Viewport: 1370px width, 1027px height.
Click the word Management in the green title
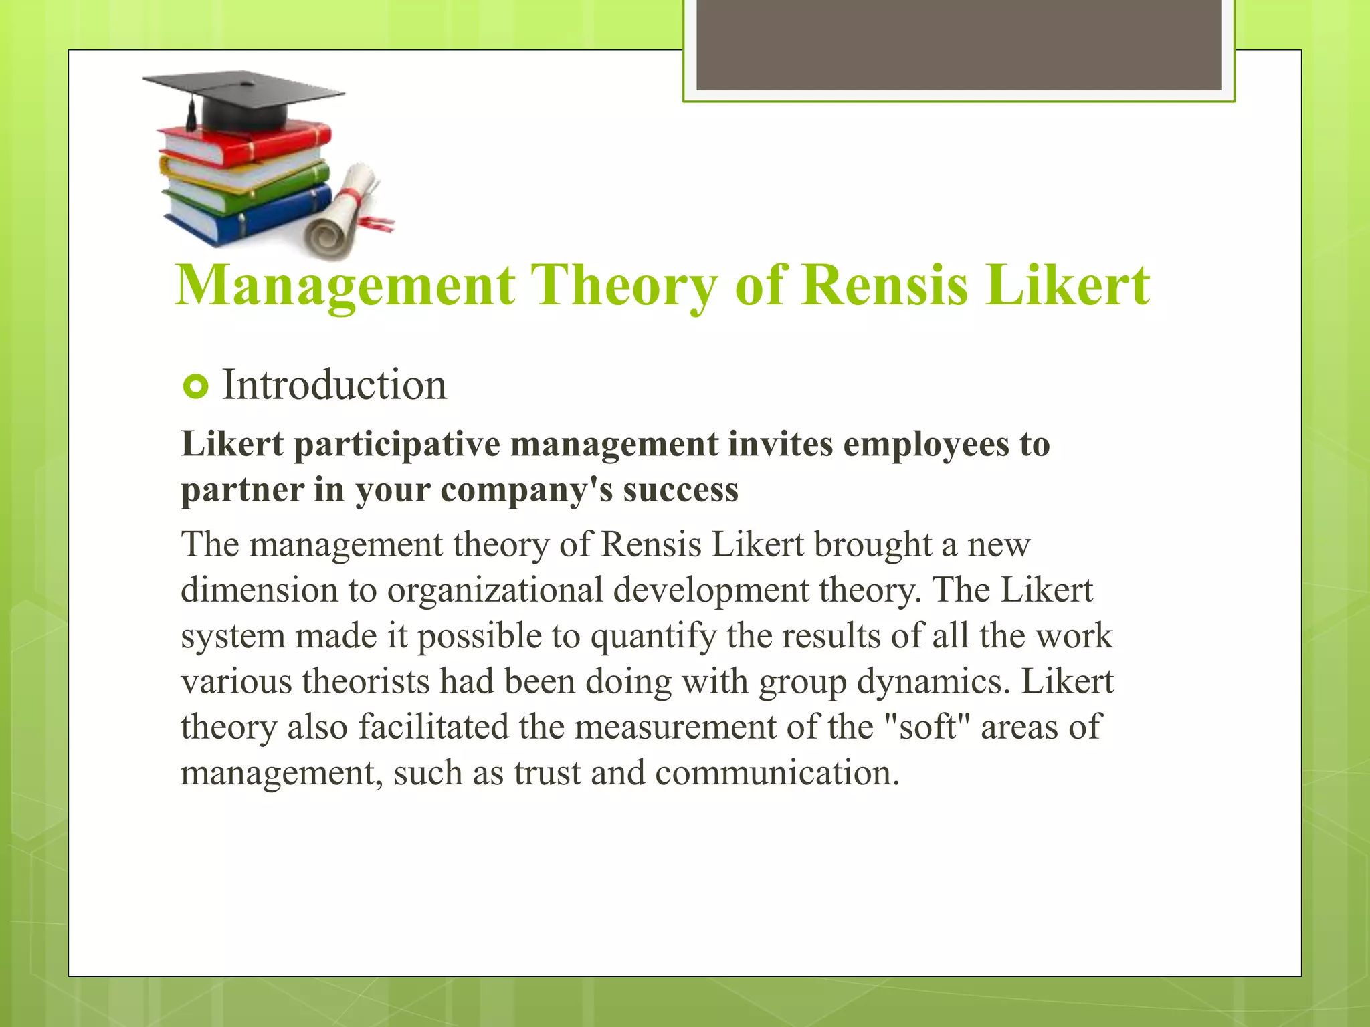coord(345,286)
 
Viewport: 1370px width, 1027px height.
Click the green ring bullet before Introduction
coord(195,387)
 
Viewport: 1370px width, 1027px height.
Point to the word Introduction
coord(334,386)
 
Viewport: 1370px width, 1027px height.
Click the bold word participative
coord(397,445)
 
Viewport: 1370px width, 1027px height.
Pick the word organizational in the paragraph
coord(495,591)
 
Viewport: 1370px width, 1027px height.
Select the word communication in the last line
coord(777,774)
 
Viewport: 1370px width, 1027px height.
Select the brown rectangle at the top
coord(959,44)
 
